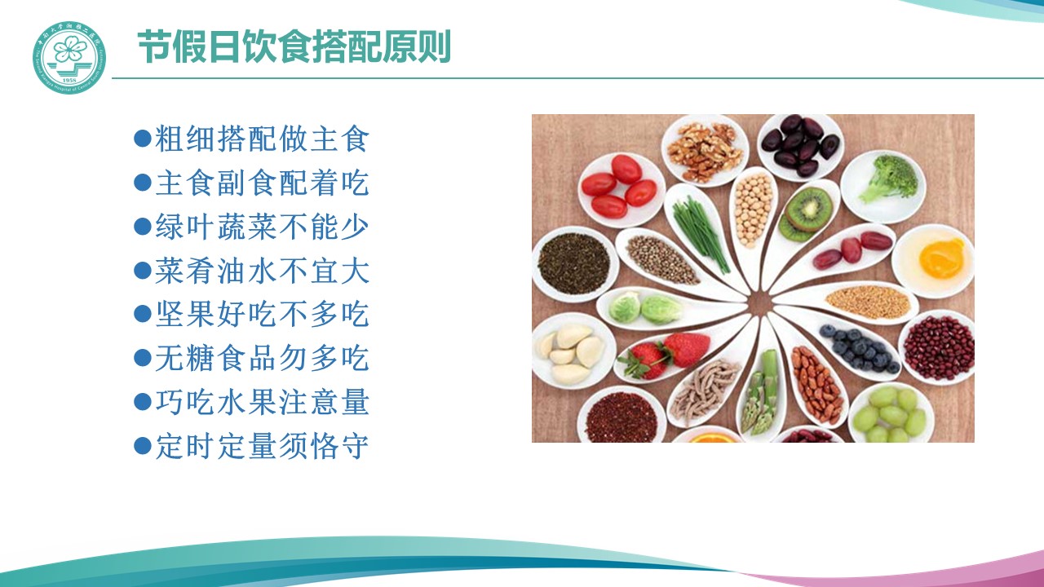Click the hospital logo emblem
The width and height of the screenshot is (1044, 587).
point(69,57)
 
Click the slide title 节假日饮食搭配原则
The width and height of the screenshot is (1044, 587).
point(294,46)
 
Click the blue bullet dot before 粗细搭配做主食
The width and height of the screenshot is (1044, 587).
point(142,139)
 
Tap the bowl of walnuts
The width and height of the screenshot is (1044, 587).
point(705,152)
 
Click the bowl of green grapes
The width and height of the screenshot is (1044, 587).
point(891,413)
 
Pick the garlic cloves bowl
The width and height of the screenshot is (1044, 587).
point(573,351)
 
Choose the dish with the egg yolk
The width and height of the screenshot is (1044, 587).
point(933,261)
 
